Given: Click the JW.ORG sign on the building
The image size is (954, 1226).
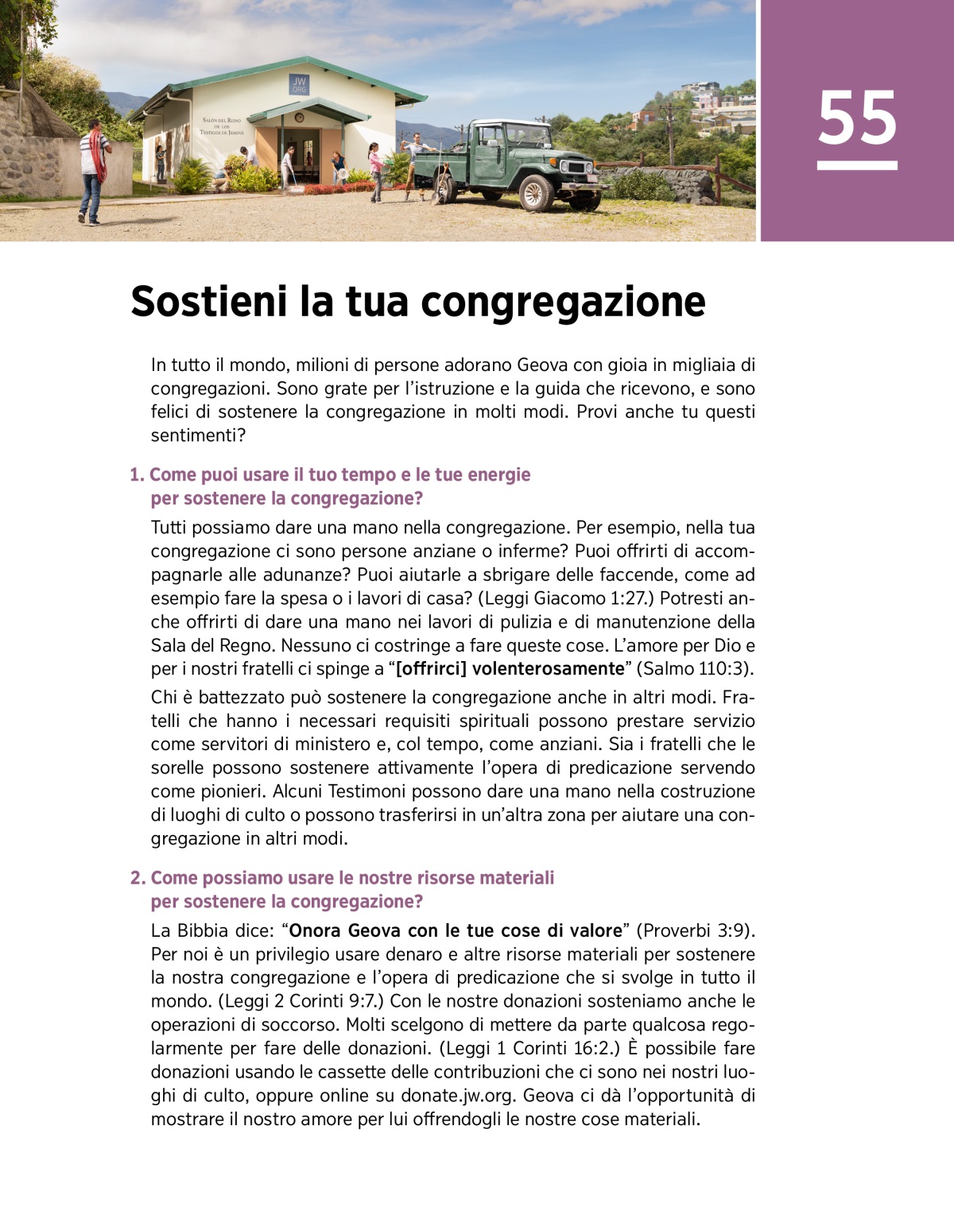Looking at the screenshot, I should click(x=299, y=84).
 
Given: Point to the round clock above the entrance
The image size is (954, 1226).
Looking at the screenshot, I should click(x=299, y=117).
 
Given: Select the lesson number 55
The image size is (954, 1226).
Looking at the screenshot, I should click(x=857, y=118).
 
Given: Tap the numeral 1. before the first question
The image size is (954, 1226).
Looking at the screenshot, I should click(x=137, y=475).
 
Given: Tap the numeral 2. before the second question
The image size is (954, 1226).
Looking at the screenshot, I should click(x=138, y=878).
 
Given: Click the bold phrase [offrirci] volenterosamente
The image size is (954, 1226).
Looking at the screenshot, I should click(x=510, y=669).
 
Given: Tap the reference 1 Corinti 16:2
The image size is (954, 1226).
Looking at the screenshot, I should click(x=553, y=1049).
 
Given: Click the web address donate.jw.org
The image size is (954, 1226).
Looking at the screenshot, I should click(x=459, y=1096).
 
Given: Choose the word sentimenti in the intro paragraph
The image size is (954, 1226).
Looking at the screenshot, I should click(x=194, y=435).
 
